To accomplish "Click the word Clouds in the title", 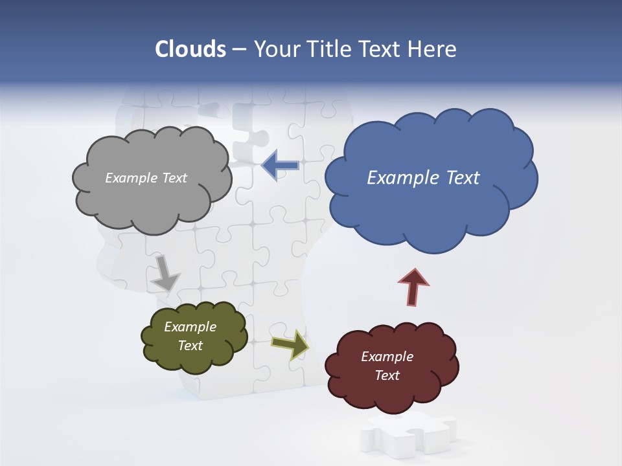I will click(190, 49).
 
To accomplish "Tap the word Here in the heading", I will click(433, 49).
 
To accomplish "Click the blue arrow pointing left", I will click(280, 166).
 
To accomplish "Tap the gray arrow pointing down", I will click(165, 272).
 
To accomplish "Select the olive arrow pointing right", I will click(290, 344).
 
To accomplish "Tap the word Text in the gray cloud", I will click(174, 178).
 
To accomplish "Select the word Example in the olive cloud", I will click(190, 327).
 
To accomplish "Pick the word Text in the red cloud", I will click(387, 375).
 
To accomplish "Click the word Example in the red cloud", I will click(387, 357).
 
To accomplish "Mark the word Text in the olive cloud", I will click(190, 346).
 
